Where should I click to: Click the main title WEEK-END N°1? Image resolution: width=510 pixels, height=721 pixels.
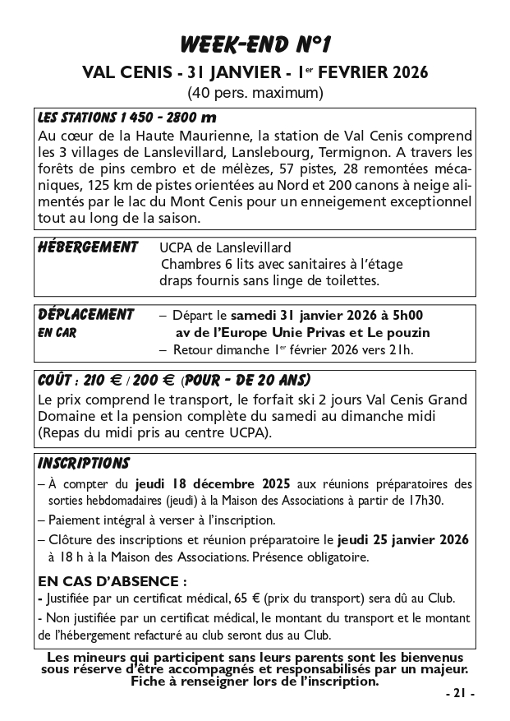point(255,43)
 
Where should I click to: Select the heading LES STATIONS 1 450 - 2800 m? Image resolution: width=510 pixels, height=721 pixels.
point(127,117)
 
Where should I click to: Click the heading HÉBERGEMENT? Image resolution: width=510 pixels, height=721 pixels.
point(88,247)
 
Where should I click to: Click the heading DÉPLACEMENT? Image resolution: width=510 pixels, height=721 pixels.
point(86,315)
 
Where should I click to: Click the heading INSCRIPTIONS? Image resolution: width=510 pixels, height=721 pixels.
point(84,464)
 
